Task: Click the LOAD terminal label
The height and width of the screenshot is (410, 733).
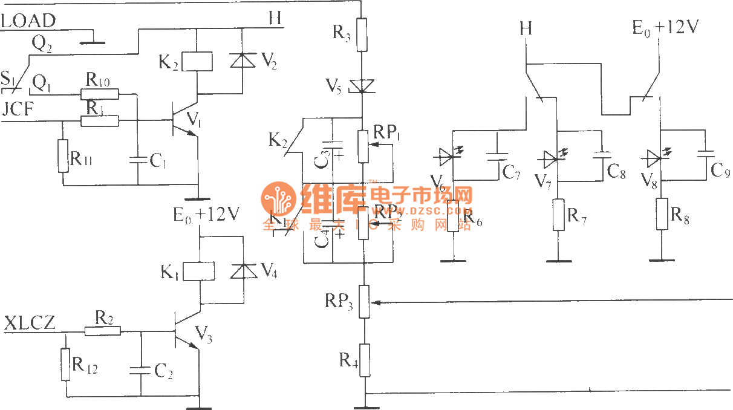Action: (x=28, y=21)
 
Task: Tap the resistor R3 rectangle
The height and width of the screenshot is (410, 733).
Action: (x=361, y=34)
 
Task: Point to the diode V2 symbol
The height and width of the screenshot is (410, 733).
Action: (x=242, y=60)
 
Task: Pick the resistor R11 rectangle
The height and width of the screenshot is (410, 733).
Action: (x=63, y=155)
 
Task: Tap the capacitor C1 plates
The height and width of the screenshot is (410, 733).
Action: (x=138, y=160)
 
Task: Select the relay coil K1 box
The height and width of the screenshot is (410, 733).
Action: (x=199, y=270)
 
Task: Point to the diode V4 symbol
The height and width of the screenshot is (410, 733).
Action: (x=242, y=270)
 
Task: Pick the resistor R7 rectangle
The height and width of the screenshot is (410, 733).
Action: (x=559, y=215)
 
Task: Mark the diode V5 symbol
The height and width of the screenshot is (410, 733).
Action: (x=362, y=86)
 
